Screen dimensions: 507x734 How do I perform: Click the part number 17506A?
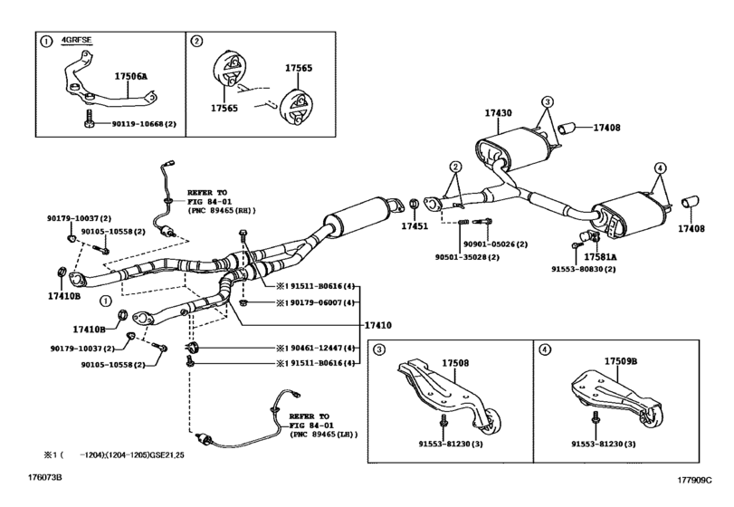[x=130, y=79]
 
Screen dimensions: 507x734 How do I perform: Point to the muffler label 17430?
[x=498, y=114]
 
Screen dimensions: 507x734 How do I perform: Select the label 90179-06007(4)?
[x=312, y=302]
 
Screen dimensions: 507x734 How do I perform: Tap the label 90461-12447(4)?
[x=312, y=348]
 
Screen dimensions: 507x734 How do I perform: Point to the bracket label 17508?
[x=455, y=363]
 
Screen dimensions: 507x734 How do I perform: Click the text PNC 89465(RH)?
[x=225, y=213]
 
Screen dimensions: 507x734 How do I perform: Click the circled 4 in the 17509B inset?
[x=543, y=349]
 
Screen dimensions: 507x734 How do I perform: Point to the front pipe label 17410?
[x=378, y=324]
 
